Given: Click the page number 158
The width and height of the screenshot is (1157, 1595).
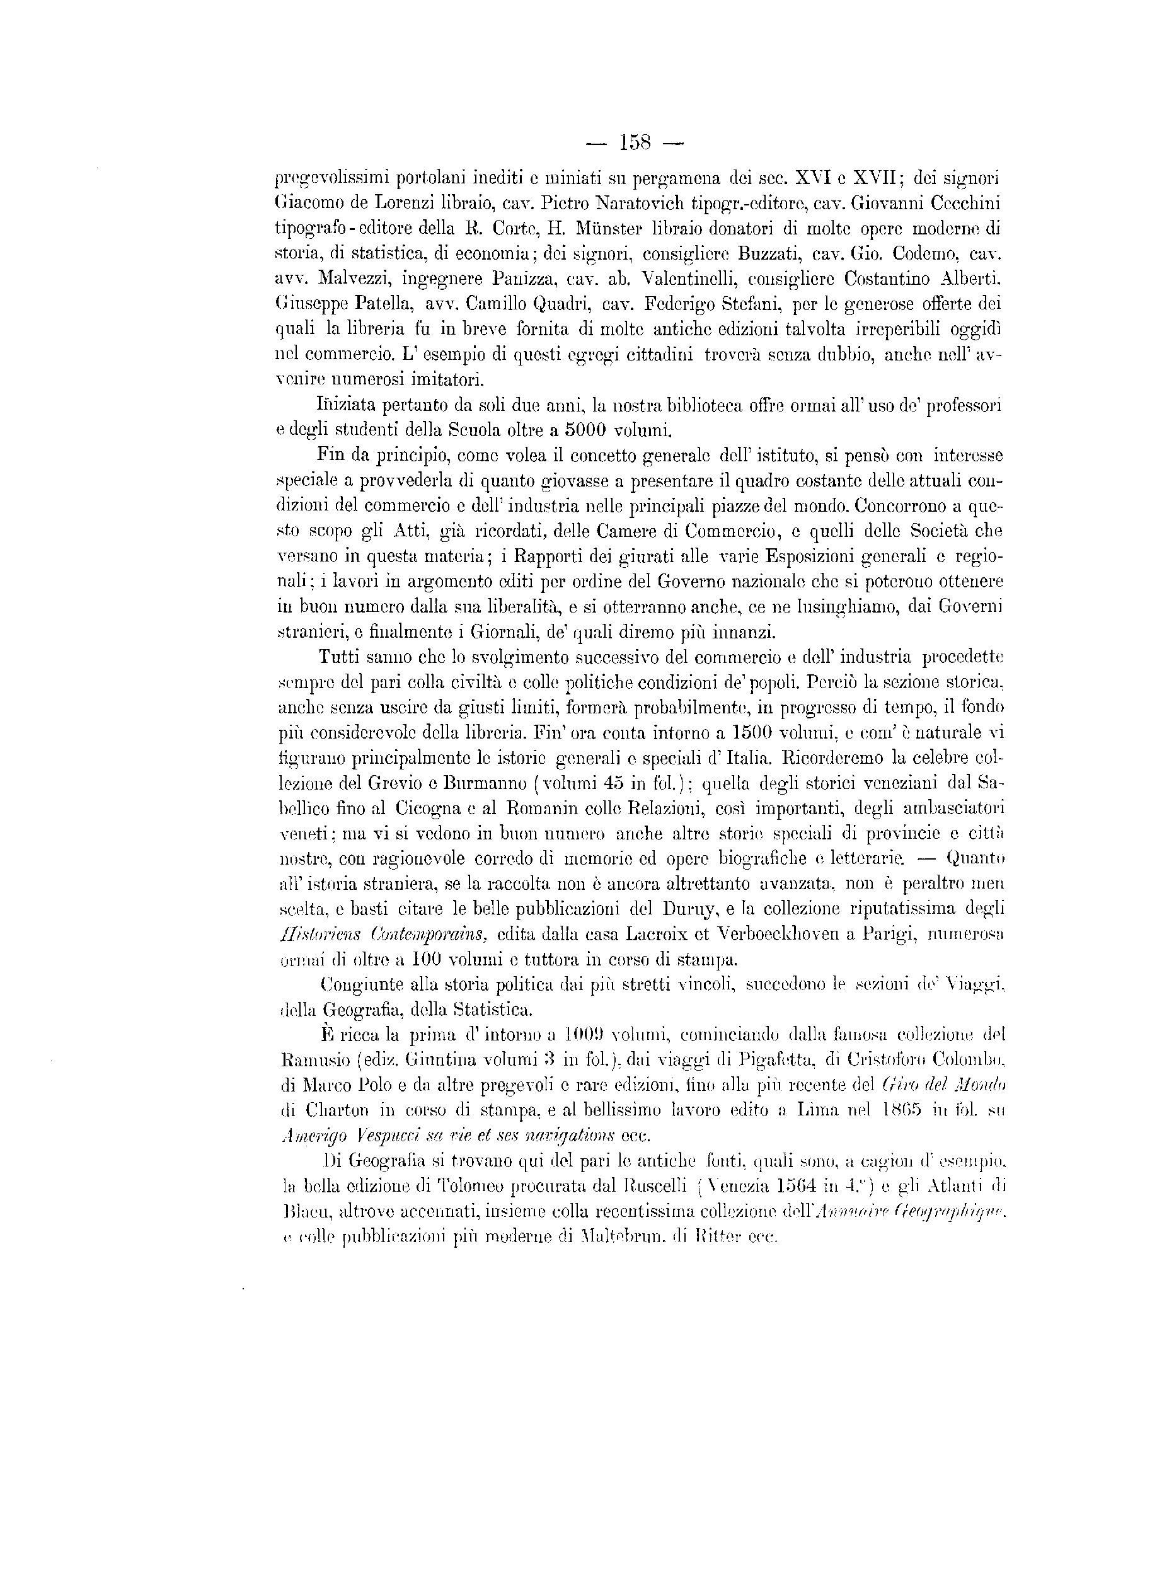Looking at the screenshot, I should pos(635,144).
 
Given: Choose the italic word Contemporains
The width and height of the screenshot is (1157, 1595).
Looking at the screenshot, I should pos(429,935).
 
